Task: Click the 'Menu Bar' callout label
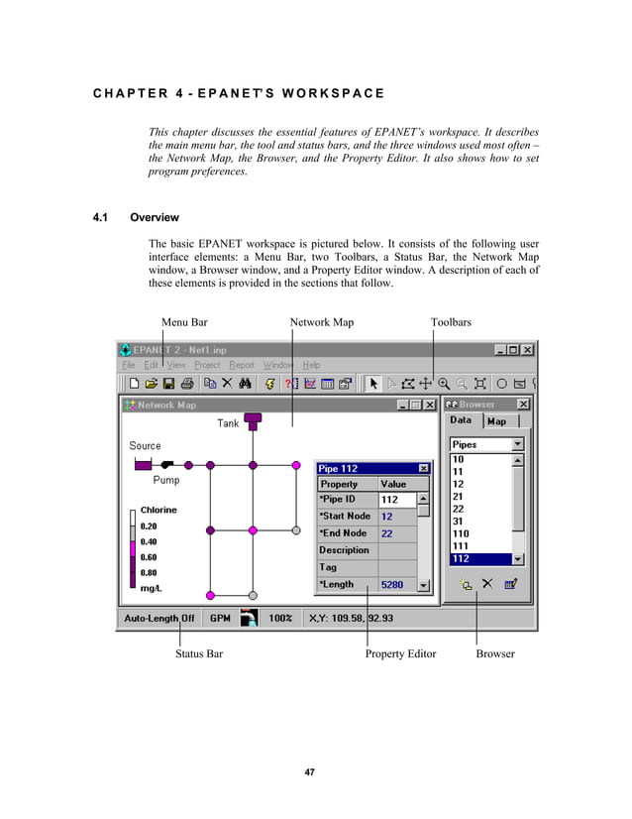click(184, 322)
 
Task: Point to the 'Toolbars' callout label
click(451, 322)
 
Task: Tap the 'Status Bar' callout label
click(199, 654)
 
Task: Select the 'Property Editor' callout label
click(400, 654)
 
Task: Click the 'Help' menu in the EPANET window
click(311, 365)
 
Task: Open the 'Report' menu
click(242, 365)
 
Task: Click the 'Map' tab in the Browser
click(496, 421)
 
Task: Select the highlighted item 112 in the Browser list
click(462, 558)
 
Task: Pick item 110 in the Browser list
click(462, 533)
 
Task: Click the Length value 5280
click(392, 585)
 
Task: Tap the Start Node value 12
click(386, 517)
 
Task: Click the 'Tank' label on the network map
click(228, 423)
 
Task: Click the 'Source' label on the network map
click(145, 446)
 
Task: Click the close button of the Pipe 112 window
click(424, 468)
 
